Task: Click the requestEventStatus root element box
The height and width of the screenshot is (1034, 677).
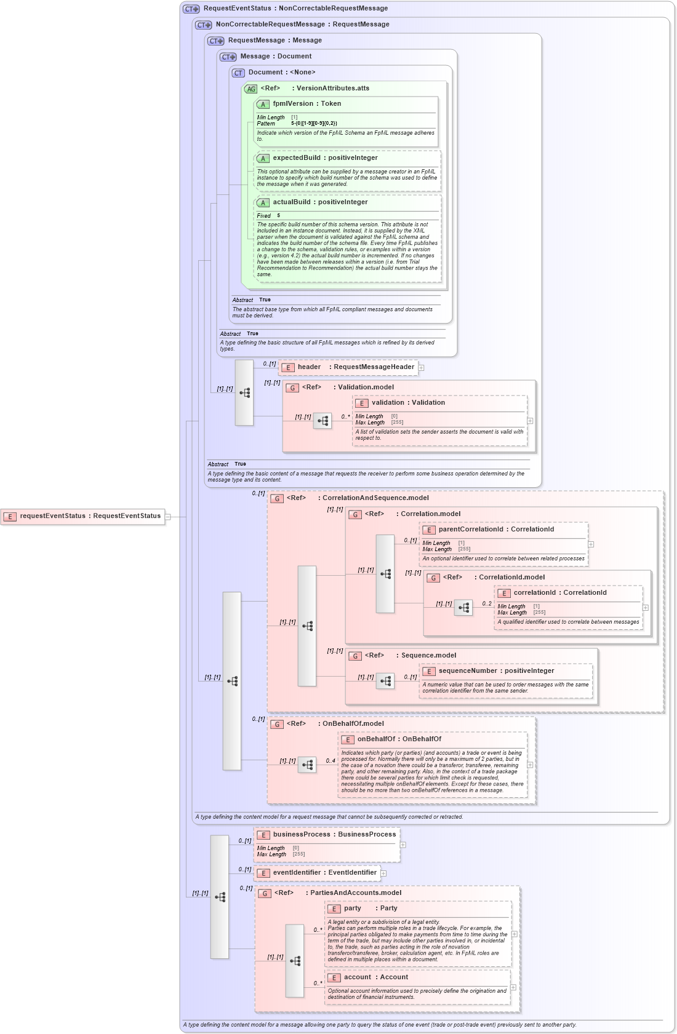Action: coord(86,516)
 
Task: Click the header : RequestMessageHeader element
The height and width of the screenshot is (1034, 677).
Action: coord(348,367)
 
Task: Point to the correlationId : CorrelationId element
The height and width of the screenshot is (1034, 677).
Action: coord(559,593)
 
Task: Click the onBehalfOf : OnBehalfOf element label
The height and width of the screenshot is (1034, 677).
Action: coord(399,739)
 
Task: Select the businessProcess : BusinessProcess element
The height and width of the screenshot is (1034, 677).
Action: coord(327,835)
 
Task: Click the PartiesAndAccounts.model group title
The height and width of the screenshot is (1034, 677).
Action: coord(355,893)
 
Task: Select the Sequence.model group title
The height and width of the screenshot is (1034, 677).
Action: coord(428,656)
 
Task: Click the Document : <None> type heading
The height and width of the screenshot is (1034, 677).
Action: coord(281,73)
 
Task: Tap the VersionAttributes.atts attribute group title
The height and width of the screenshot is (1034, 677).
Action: coord(332,89)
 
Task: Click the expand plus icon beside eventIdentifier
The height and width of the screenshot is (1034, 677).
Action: coord(383,873)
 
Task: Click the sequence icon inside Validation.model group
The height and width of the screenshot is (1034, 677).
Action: coord(322,421)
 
